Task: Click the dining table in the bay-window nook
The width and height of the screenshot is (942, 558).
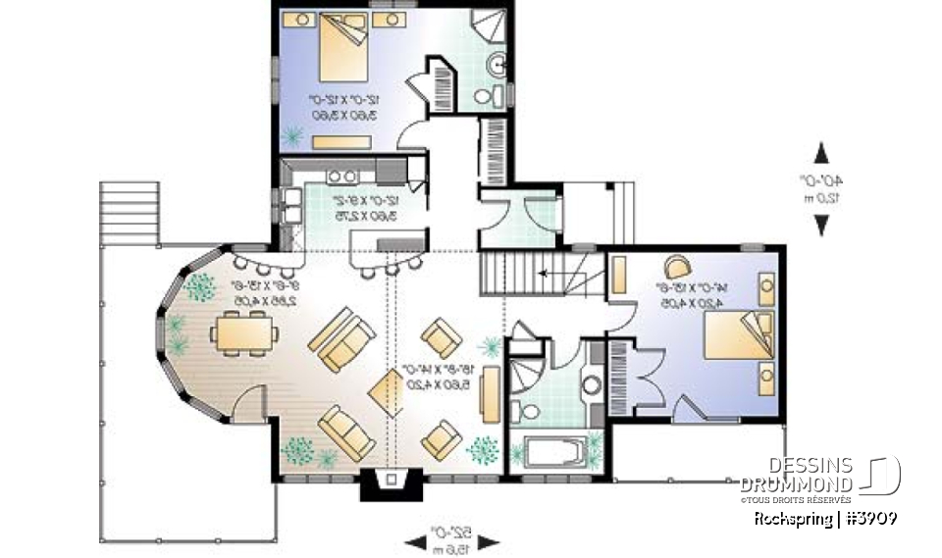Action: coord(241,331)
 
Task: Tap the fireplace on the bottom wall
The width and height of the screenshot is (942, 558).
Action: coord(392,480)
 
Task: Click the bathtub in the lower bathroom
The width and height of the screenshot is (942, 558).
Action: coord(553,453)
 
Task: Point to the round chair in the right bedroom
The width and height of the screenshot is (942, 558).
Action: coord(678,267)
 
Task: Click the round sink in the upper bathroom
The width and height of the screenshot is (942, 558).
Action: coord(497,66)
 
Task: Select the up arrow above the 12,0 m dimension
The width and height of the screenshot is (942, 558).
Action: coord(822,153)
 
